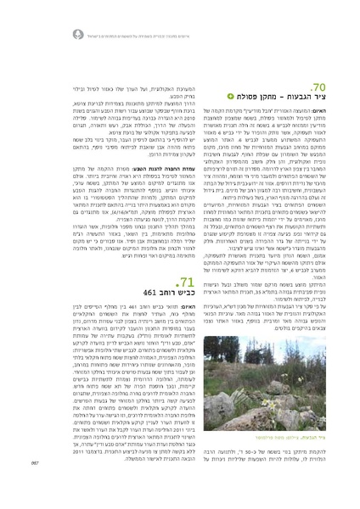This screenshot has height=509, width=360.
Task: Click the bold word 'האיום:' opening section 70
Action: [x=318, y=113]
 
